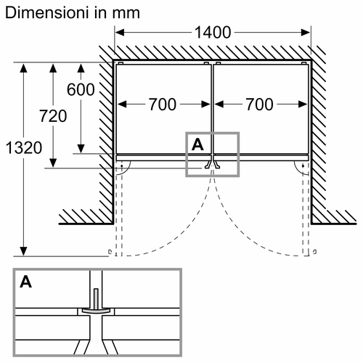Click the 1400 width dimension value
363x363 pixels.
pos(213,33)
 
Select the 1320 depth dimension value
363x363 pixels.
pos(24,147)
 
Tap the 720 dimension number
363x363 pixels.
pos(53,116)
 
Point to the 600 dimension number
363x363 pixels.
pos(81,89)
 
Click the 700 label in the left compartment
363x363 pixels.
pos(163,105)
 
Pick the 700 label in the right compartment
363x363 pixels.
pos(260,105)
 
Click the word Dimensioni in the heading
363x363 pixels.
pos(46,13)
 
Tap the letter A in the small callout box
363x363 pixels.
pos(197,144)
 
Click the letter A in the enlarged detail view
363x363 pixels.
pos(25,282)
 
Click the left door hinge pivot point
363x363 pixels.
pos(121,166)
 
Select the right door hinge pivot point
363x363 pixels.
pos(303,166)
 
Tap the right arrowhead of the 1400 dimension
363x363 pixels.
pos(306,33)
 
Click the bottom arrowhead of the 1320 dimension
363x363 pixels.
pos(23,251)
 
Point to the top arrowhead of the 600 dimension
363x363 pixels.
pos(81,68)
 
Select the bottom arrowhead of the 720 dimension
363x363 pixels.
pos(53,163)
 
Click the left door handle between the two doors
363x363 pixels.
pos(208,166)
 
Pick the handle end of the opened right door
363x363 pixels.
pos(314,252)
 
